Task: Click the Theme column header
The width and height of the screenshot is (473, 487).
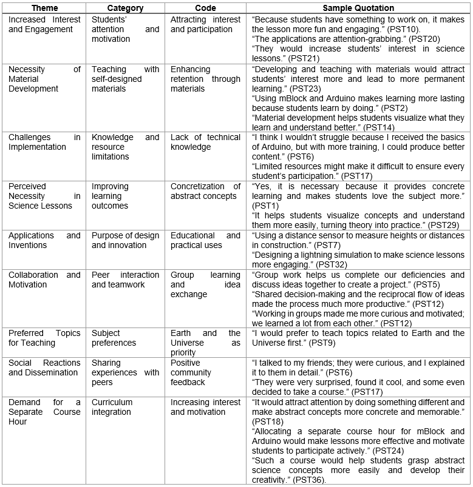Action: (44, 8)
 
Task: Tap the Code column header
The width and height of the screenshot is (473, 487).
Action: (205, 8)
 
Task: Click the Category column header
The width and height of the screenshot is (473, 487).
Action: (125, 8)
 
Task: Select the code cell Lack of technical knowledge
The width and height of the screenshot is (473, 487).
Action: (205, 142)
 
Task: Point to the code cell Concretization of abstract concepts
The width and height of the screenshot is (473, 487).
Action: (205, 191)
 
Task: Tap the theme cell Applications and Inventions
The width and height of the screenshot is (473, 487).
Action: (44, 240)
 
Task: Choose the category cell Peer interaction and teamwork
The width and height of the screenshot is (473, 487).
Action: (125, 280)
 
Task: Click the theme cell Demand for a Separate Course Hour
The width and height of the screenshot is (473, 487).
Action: (44, 412)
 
